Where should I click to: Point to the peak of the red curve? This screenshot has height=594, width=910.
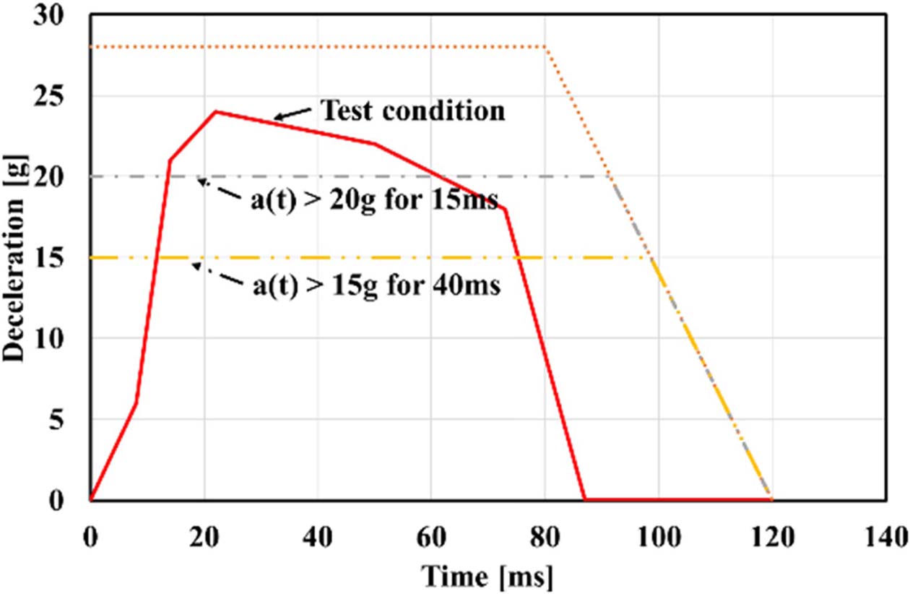[214, 111]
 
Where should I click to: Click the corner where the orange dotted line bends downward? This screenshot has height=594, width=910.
[545, 47]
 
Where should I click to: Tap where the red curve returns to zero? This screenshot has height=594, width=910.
[584, 499]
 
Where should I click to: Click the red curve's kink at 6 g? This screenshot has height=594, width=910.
[136, 403]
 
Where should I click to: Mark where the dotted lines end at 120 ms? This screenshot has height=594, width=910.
[772, 499]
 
